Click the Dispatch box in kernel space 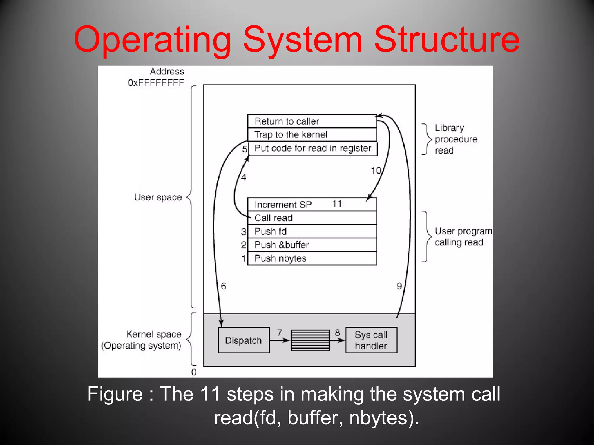243,340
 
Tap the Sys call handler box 371,340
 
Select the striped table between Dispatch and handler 310,340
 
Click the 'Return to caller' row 312,121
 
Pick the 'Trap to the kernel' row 312,134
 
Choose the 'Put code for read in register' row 313,148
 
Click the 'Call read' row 312,218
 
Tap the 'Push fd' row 312,231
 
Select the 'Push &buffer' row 312,245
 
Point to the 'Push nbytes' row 312,258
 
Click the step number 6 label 223,286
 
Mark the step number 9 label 399,286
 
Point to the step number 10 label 376,170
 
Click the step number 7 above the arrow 279,333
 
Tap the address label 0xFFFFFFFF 156,83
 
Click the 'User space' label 158,197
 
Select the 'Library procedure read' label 456,139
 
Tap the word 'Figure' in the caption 115,394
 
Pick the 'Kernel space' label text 154,334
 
